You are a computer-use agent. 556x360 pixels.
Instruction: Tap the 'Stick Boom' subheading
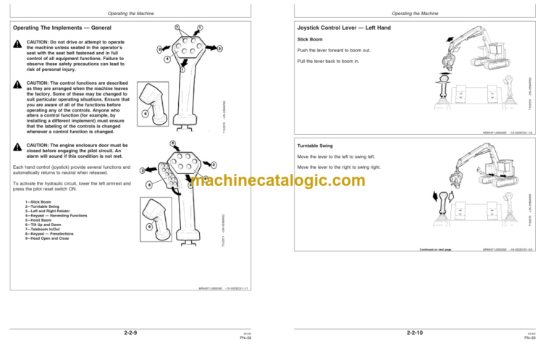[x=310, y=41]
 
